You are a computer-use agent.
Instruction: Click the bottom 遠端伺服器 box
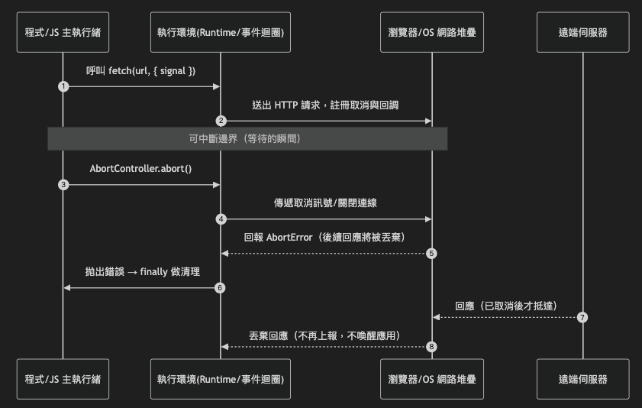click(x=583, y=378)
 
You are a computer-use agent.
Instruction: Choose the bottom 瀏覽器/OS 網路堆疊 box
click(x=432, y=378)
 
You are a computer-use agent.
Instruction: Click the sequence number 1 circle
click(x=63, y=86)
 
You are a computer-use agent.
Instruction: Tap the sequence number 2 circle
click(x=221, y=121)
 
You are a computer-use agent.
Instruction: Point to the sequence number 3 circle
click(x=63, y=184)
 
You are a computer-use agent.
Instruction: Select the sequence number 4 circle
click(x=221, y=219)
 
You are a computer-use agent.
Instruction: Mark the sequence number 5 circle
click(x=432, y=253)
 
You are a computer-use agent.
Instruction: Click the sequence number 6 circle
click(x=221, y=287)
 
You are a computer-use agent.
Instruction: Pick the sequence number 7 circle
click(x=583, y=317)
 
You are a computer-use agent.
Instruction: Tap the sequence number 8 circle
click(x=432, y=346)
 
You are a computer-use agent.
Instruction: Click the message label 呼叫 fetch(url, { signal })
click(x=141, y=71)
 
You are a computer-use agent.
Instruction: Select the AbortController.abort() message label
click(x=141, y=168)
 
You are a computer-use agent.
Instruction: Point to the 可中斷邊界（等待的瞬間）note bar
click(x=247, y=138)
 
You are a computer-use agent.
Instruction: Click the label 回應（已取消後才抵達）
click(x=508, y=305)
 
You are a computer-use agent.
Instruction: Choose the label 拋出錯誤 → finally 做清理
click(x=142, y=271)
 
